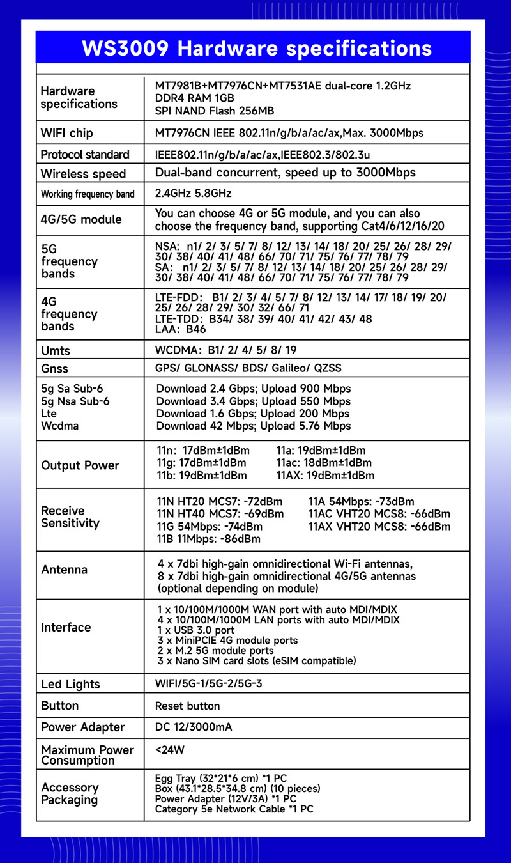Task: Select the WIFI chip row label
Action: [66, 133]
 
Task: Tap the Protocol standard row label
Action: [85, 154]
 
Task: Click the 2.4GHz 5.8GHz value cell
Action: [193, 193]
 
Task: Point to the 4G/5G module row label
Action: [80, 219]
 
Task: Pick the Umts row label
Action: [56, 350]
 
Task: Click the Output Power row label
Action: [80, 465]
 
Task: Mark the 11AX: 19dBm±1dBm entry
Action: [325, 476]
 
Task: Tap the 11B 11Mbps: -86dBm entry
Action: [208, 539]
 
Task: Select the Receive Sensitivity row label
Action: [70, 517]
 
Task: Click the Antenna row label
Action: [64, 570]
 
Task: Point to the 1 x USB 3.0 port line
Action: [196, 630]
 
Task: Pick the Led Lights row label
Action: [70, 684]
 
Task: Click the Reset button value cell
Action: [187, 706]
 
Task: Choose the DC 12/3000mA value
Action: [194, 727]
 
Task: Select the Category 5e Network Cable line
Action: [234, 809]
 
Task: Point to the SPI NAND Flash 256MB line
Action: [215, 111]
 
